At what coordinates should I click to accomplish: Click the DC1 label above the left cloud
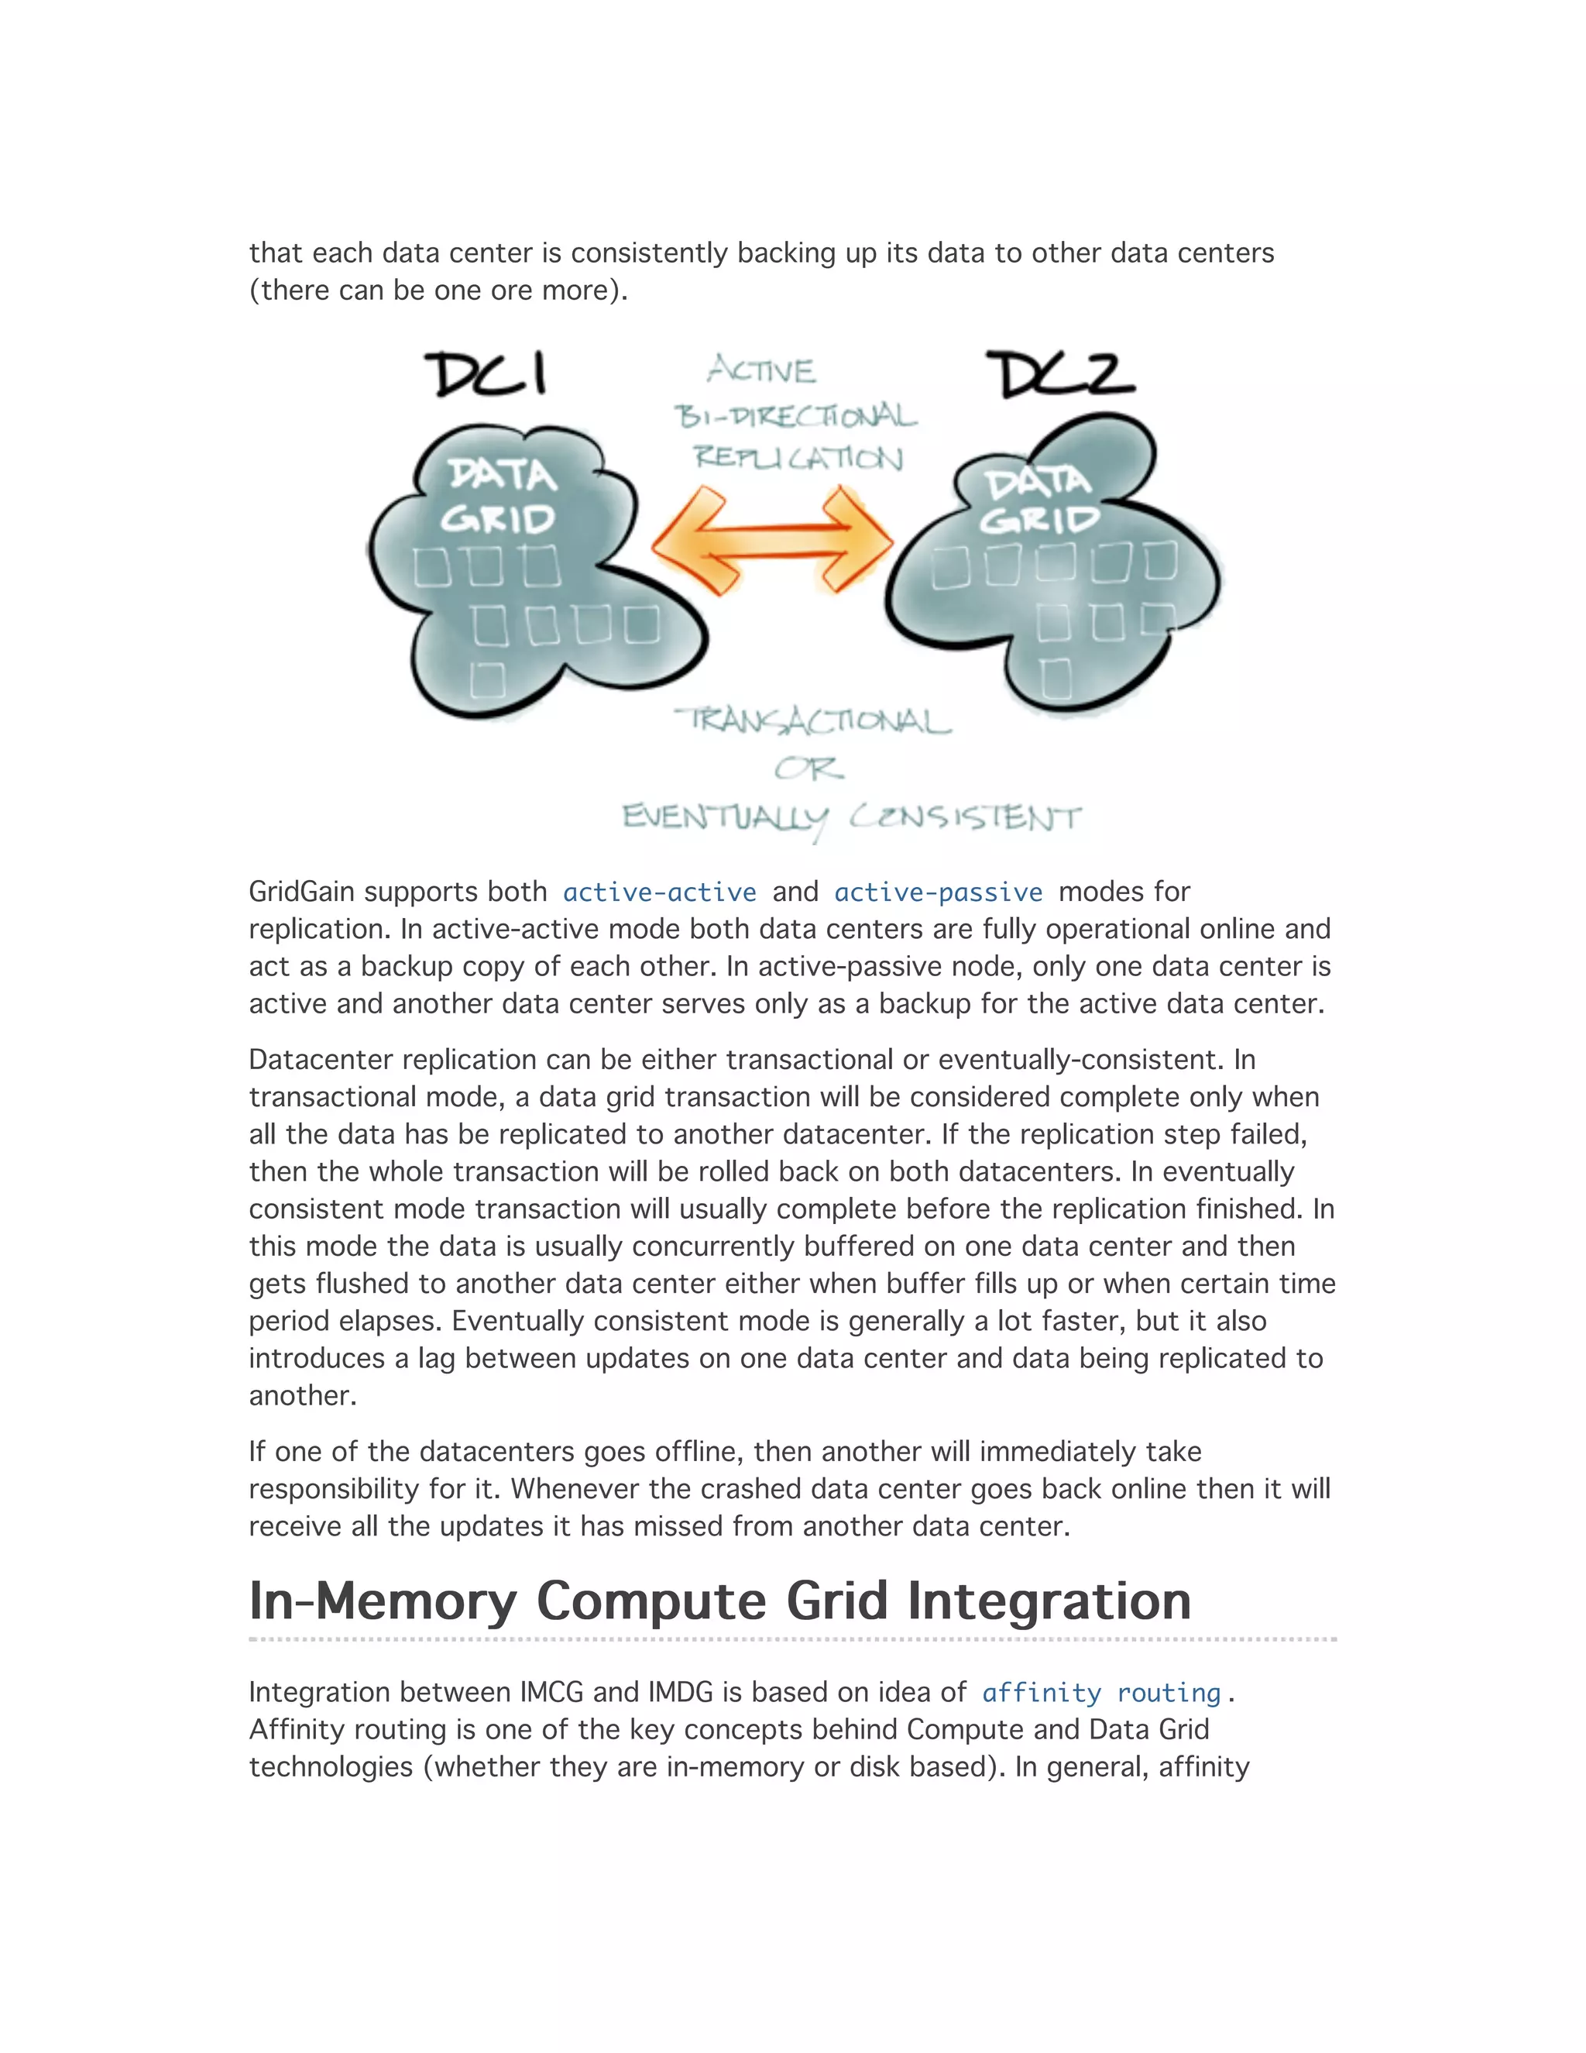tap(486, 374)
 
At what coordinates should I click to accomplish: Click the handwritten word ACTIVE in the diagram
tap(761, 370)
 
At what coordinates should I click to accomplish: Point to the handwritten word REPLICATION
tap(798, 458)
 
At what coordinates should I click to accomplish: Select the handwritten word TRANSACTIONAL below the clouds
tap(812, 721)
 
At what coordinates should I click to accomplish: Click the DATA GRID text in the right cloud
tap(1038, 500)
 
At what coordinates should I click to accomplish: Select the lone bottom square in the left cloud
tap(486, 679)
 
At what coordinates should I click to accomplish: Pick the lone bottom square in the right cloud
tap(1056, 678)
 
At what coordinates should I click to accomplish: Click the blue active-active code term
tap(660, 892)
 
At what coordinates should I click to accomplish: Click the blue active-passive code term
tap(938, 892)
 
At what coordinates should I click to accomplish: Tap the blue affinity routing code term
tap(1100, 1693)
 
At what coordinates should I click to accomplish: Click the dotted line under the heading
tap(792, 1639)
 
